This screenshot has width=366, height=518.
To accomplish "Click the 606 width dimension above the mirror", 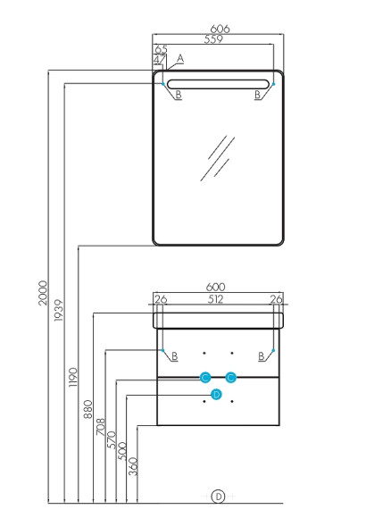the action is pos(220,29).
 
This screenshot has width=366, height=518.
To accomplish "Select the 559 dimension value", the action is pos(213,39).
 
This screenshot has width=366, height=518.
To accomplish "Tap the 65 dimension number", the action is pos(162,49).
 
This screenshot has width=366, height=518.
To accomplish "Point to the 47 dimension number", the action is pos(160,60).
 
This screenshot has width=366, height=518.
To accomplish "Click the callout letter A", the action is pos(180,58).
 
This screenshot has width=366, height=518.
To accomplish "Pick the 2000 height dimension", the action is pos(43,293).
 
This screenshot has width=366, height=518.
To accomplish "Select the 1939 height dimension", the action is pos(58,310).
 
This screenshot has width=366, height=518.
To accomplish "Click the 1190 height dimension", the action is pos(72,377).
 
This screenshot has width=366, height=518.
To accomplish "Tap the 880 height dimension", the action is pos(87,409).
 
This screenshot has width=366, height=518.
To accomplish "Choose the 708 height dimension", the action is pos(101,427).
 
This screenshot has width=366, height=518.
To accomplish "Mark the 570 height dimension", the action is pos(112,439).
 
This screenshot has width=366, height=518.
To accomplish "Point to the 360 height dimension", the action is pos(133,466).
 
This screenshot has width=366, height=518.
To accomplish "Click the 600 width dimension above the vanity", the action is pos(215,287).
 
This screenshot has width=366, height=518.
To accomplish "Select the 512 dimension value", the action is pos(215,299).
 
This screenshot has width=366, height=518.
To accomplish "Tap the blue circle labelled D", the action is pos(216,394).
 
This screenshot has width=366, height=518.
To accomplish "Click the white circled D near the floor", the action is pos(218,497).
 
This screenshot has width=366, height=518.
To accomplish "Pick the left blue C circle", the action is pos(205,377).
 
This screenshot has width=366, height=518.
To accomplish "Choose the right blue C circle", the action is pos(231,377).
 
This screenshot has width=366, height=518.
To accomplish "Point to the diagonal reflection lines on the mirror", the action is pos(217,158).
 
